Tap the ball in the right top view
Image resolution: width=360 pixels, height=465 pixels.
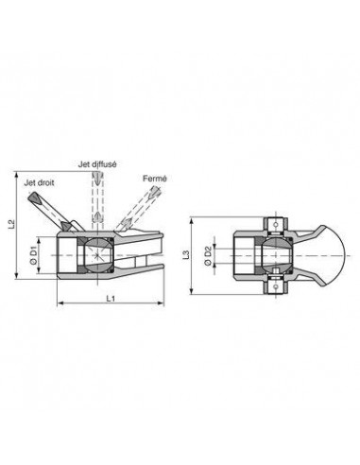[x=273, y=254]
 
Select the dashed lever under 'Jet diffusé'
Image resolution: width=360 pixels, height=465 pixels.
[x=97, y=203]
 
